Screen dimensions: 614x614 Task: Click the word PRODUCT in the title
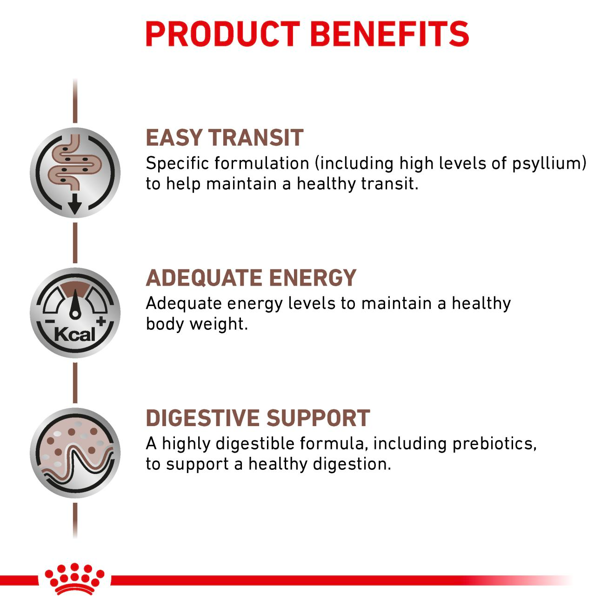click(223, 34)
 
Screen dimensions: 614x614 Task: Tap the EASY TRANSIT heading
click(224, 138)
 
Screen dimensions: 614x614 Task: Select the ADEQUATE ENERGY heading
click(251, 278)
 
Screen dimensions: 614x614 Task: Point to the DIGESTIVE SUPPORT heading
click(258, 418)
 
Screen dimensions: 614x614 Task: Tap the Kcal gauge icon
click(75, 312)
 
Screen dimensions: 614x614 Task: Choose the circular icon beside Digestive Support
click(75, 453)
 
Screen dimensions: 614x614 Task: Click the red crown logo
click(74, 580)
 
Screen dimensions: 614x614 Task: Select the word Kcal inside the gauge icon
click(74, 334)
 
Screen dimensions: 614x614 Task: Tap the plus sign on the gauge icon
click(101, 321)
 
